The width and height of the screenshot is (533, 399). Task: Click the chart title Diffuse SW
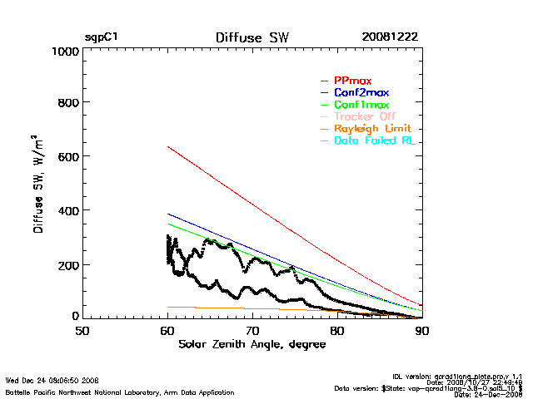252,37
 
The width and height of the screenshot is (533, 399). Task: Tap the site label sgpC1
101,37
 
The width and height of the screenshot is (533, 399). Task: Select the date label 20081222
390,37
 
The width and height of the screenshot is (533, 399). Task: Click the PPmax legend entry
352,81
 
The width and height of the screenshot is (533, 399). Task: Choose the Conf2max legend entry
361,93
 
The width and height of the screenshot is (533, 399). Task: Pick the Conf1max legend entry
361,106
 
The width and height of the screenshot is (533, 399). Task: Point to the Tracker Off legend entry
365,117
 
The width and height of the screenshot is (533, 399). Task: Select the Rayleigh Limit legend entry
372,130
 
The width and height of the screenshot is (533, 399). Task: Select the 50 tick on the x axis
82,331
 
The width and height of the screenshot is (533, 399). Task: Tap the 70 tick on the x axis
252,331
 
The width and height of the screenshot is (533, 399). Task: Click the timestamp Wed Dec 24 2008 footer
52,380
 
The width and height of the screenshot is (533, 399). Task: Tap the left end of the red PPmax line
168,147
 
